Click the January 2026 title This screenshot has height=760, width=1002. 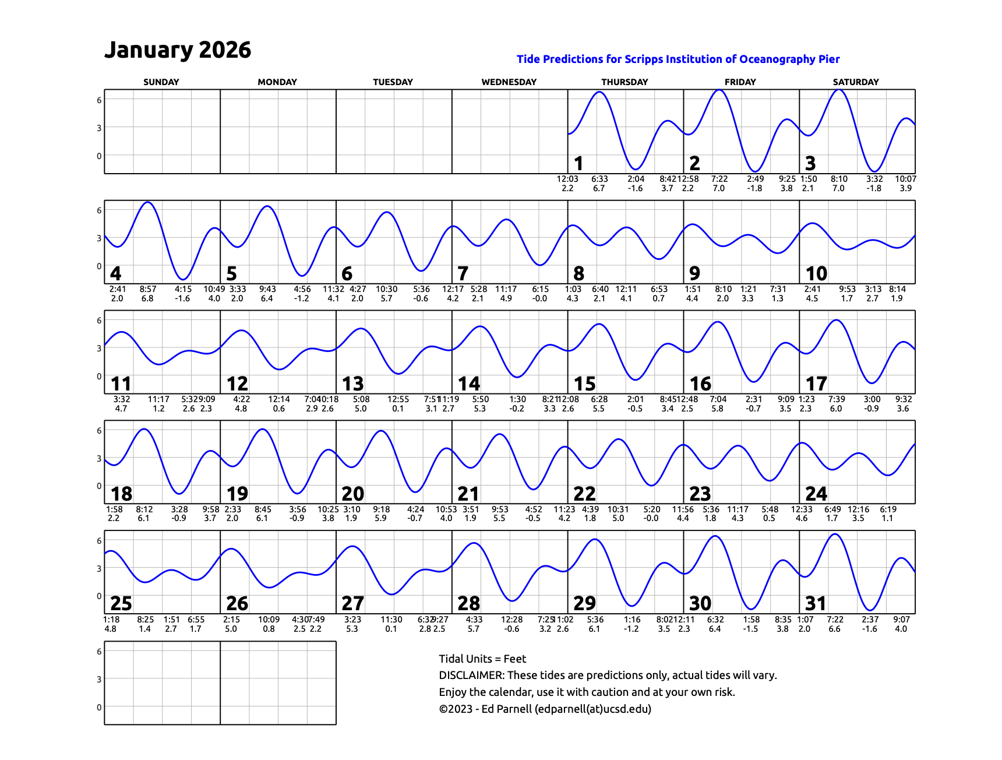(x=177, y=50)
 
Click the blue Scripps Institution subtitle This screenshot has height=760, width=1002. (x=678, y=59)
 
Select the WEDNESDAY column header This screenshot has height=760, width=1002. (x=509, y=82)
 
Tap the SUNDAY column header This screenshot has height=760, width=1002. (x=161, y=82)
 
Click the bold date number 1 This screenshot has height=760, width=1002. (x=578, y=163)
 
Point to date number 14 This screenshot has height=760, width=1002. (x=468, y=383)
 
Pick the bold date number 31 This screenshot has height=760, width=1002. (x=816, y=604)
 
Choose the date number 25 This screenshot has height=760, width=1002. (x=121, y=604)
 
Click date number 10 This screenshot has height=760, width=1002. (x=816, y=273)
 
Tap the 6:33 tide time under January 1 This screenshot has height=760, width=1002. (x=599, y=179)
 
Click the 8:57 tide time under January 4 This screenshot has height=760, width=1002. (x=148, y=289)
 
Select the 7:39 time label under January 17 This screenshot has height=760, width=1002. (x=837, y=399)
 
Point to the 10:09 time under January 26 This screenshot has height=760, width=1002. (x=269, y=620)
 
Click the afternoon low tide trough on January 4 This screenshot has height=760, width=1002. (x=183, y=279)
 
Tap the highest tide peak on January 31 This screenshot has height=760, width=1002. (x=835, y=534)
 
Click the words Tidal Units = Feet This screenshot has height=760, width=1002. (x=482, y=659)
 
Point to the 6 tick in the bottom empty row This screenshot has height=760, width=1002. (x=99, y=652)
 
